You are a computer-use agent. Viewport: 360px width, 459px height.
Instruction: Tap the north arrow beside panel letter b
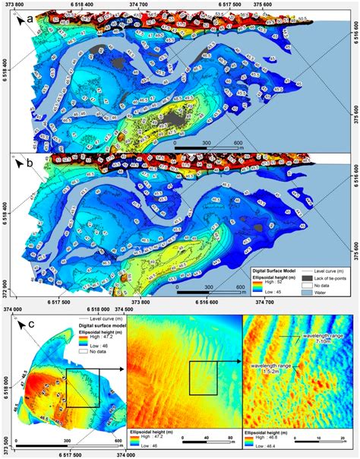(15, 161)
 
